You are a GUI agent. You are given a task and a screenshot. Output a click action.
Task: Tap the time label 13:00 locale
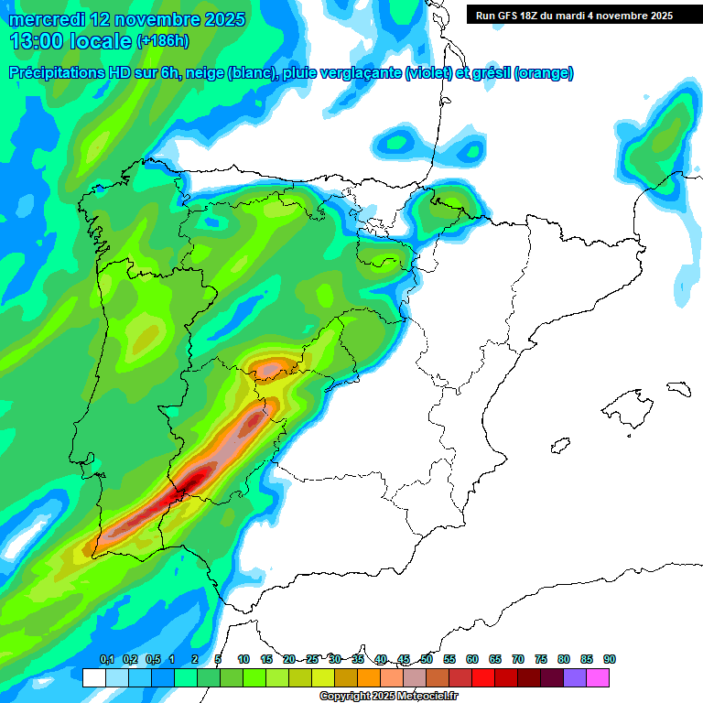tap(70, 41)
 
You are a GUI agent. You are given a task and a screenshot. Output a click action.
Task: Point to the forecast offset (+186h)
tap(163, 41)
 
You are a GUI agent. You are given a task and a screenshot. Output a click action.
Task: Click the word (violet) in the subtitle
tap(427, 73)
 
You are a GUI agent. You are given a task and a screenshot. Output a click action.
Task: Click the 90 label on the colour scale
tap(610, 659)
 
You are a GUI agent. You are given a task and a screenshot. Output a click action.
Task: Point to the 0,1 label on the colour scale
tap(107, 659)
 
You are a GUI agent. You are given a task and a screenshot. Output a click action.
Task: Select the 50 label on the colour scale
tap(427, 659)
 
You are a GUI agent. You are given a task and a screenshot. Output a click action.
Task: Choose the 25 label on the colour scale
tap(312, 659)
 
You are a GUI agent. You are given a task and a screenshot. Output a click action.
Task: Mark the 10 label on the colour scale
tap(243, 659)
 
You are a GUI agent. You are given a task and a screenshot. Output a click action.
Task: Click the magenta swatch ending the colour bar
tap(598, 677)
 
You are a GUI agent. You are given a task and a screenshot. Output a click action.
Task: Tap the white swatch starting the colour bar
tap(93, 677)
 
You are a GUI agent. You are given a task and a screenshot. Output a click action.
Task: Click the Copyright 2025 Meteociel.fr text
tap(389, 696)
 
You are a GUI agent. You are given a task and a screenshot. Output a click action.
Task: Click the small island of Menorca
tap(678, 388)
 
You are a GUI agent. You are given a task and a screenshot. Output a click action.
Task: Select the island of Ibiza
tap(559, 446)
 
